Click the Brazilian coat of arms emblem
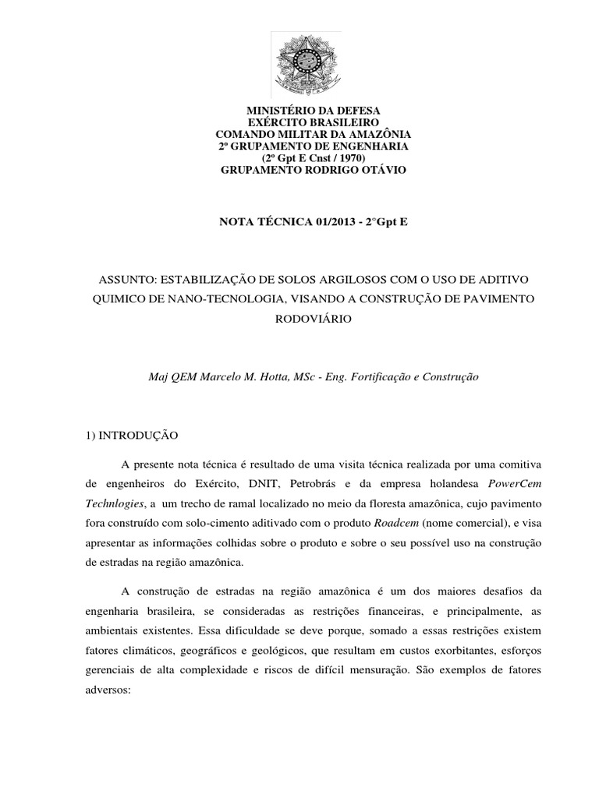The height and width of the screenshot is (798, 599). pyautogui.click(x=300, y=66)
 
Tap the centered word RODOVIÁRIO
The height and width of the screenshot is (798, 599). pyautogui.click(x=299, y=319)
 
